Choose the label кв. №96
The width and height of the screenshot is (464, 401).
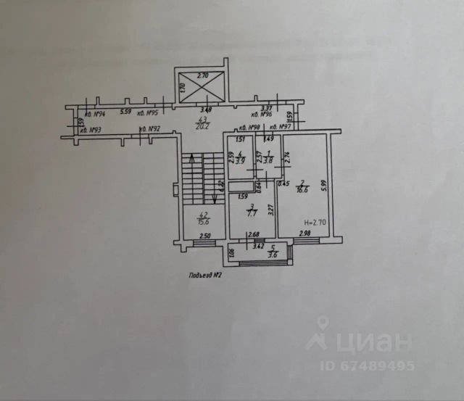(x=260, y=114)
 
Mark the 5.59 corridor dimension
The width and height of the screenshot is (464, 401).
(x=125, y=112)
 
